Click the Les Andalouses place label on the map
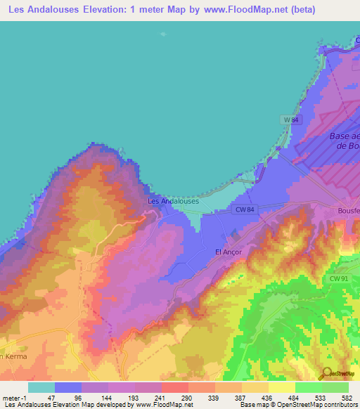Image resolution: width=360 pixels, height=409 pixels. [173, 201]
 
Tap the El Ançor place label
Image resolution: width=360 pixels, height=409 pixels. [228, 252]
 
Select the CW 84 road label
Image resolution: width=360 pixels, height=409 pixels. [245, 209]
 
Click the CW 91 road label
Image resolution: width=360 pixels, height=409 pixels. [339, 279]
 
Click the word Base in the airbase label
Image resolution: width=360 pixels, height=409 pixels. [344, 136]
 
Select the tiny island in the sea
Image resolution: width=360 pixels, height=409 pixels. [165, 34]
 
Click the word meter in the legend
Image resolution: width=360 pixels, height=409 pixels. [11, 397]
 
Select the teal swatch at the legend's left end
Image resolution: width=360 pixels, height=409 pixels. [41, 387]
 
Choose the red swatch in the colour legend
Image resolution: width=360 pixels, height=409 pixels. [174, 387]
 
